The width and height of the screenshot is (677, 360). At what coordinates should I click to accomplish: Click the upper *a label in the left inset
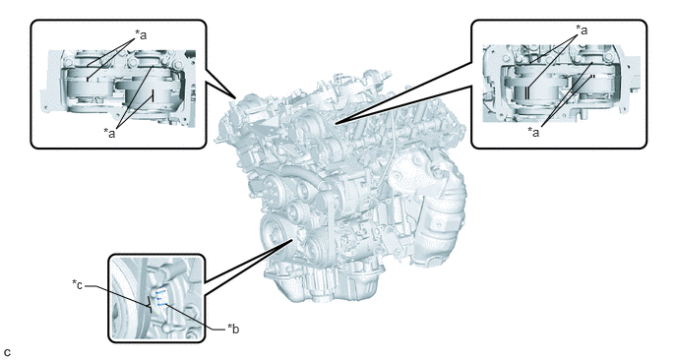pos(141,34)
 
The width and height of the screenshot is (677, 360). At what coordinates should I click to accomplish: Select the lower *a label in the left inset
pos(109,133)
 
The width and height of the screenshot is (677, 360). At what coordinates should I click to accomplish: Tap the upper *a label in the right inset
pos(582,30)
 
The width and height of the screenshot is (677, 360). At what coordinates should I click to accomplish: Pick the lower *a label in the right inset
pos(533,132)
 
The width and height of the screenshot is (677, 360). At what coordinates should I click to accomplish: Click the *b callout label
pos(233,329)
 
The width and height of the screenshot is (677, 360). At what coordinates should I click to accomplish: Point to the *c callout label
pos(78,285)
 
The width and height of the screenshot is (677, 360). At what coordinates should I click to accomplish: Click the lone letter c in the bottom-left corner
pos(7,352)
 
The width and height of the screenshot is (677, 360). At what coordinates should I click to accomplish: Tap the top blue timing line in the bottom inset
pos(160,292)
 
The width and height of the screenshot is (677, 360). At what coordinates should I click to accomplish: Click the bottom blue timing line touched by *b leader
pos(161,305)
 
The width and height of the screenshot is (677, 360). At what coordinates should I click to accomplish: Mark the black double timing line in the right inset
pos(527,92)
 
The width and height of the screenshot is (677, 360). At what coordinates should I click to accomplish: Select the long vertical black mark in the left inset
pos(152,95)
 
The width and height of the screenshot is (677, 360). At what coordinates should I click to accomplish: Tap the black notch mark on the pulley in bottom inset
pos(151,304)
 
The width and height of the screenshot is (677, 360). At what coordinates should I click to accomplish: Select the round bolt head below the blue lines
pos(164,329)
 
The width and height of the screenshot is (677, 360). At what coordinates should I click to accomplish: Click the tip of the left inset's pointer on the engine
pos(235,97)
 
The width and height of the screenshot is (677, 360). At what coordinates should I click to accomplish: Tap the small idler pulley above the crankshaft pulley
pos(296,210)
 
